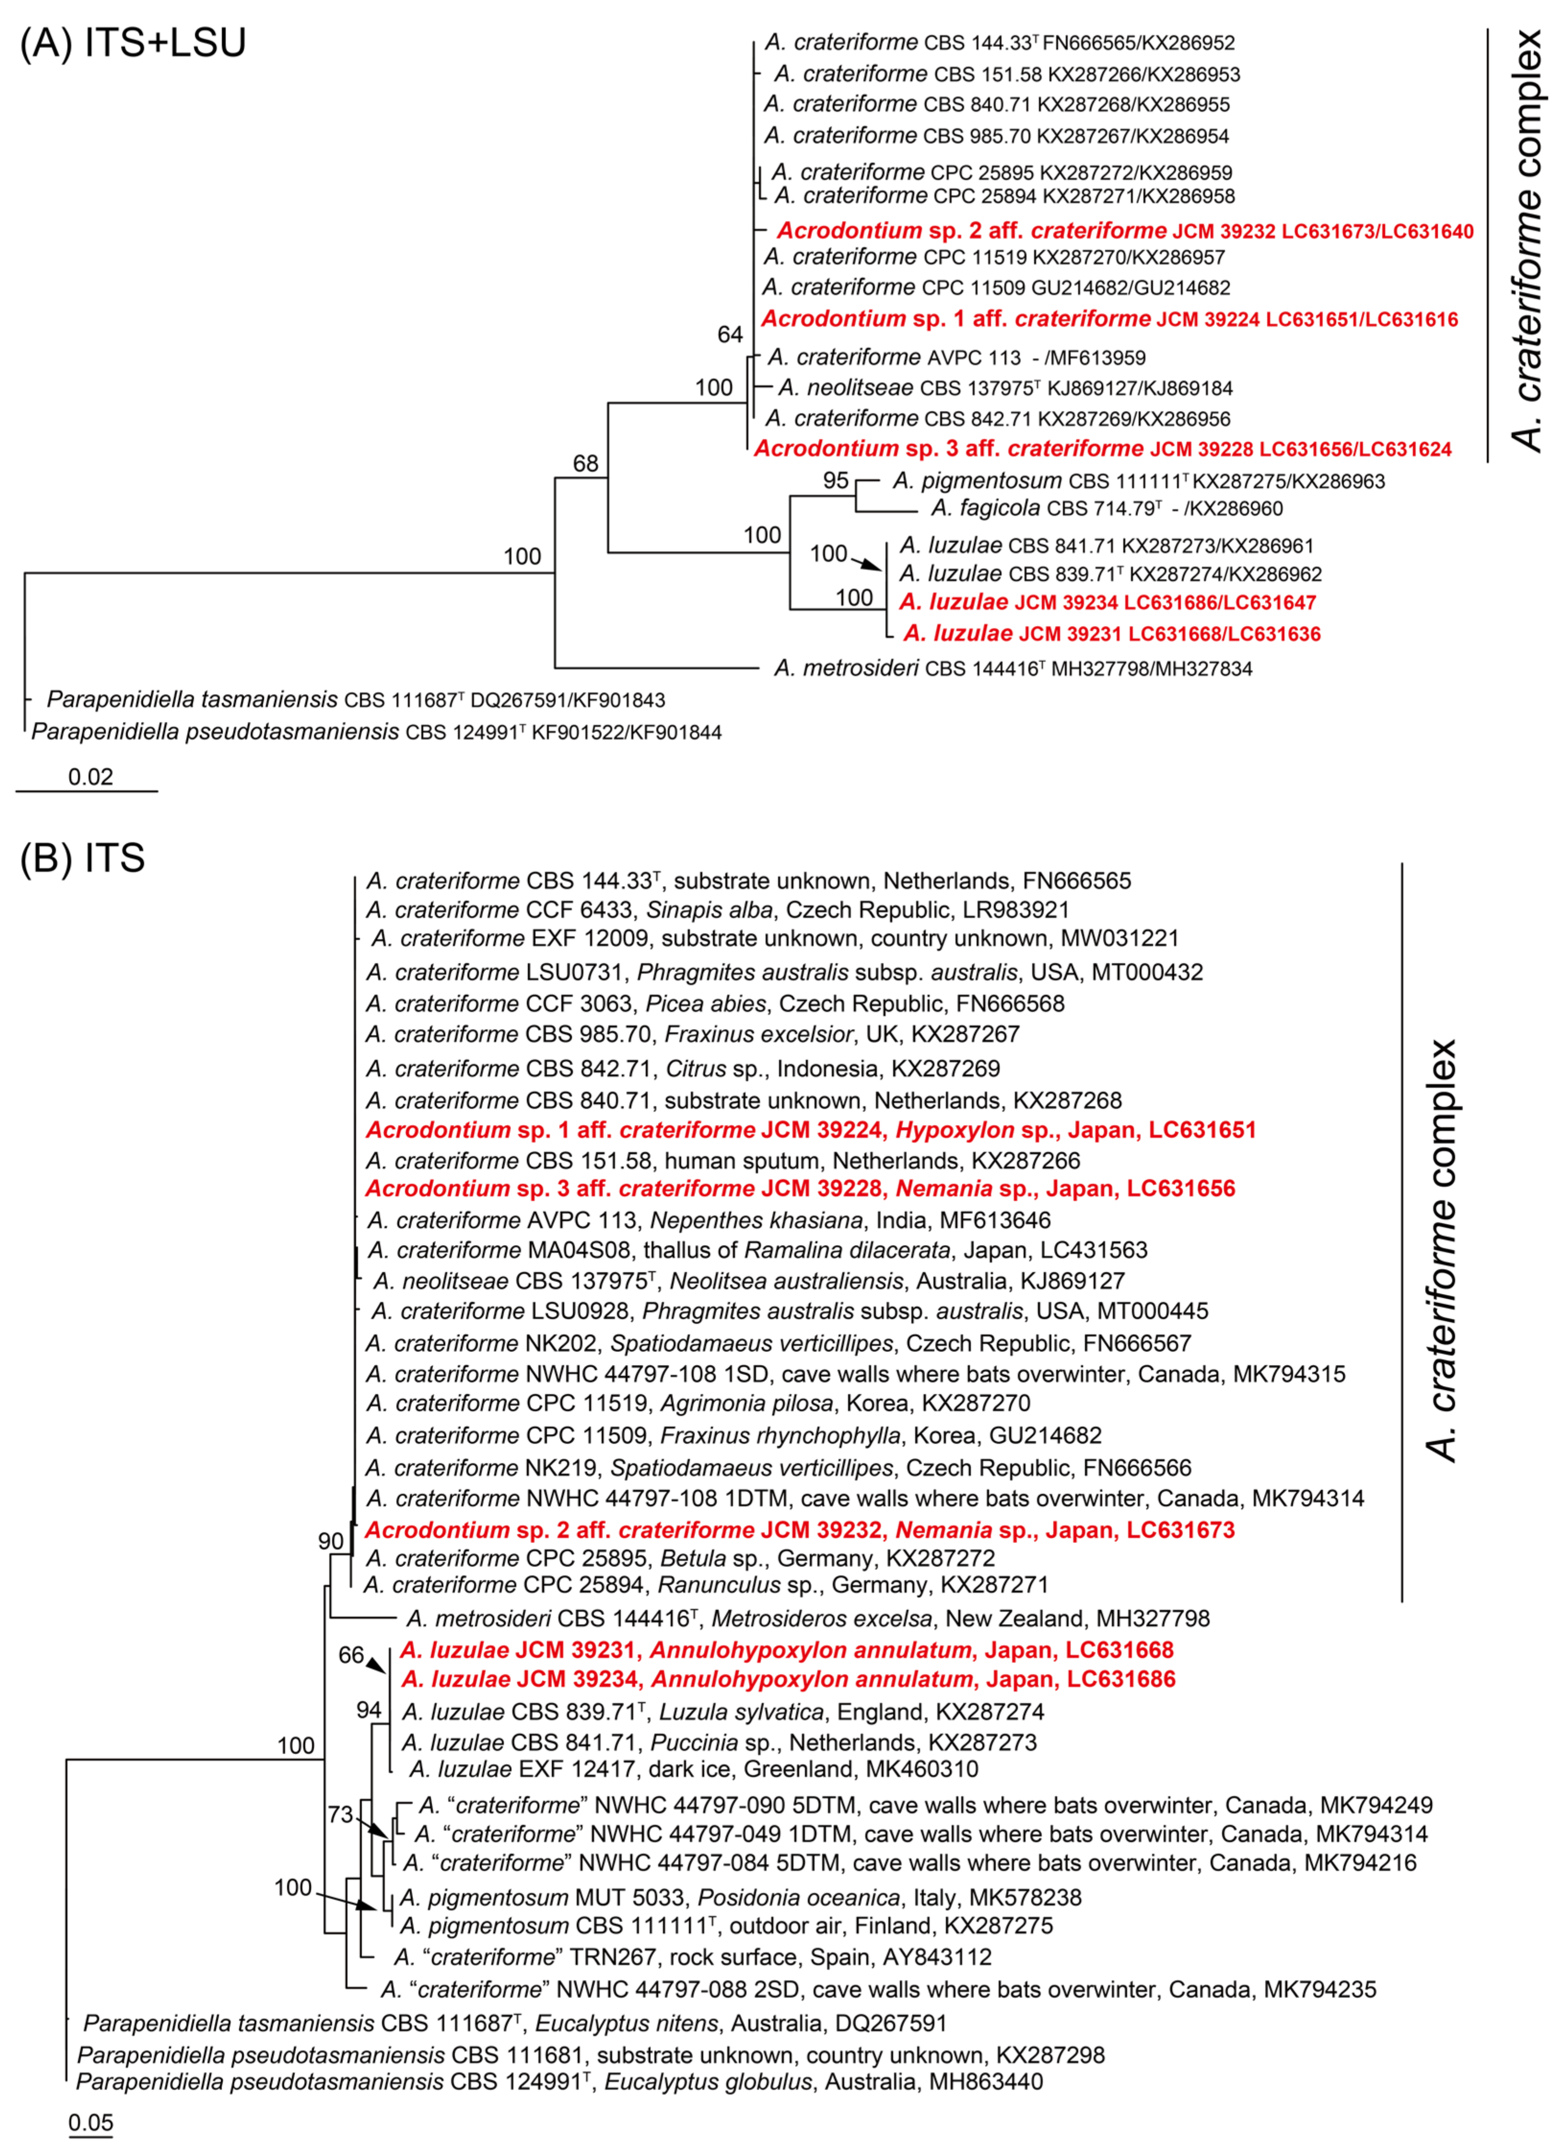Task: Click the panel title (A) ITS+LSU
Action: [x=133, y=43]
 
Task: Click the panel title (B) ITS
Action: [x=83, y=858]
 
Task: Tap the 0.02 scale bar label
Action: [x=90, y=777]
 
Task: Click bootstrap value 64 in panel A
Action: [x=729, y=335]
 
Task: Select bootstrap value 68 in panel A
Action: [x=586, y=464]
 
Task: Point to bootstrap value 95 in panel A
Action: [x=836, y=480]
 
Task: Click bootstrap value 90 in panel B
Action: [x=330, y=1541]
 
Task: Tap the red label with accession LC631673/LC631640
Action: [x=1125, y=231]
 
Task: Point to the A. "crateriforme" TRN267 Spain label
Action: [x=693, y=1956]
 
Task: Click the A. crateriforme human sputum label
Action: [x=723, y=1161]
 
